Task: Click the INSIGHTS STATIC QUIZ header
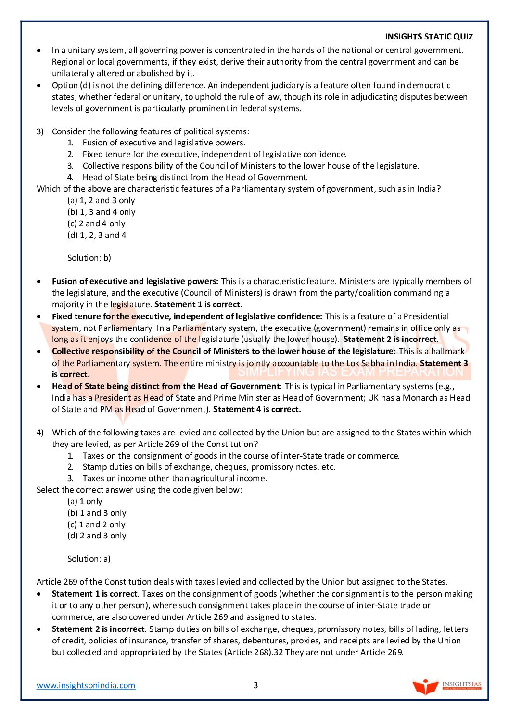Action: coord(429,37)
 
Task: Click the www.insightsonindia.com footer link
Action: coord(86,685)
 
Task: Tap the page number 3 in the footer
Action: coord(255,685)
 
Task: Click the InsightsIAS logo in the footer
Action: coord(446,686)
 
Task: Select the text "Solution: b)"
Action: coord(89,258)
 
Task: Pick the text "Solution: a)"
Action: coord(89,559)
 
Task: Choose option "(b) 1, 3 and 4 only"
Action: coord(102,212)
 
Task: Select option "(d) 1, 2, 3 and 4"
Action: coord(97,235)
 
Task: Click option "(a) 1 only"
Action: coord(85,501)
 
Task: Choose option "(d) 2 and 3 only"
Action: coord(97,536)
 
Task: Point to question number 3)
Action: coord(40,131)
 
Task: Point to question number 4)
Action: coord(40,433)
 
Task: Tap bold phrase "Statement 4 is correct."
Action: coord(257,409)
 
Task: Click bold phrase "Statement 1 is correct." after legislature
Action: coord(198,304)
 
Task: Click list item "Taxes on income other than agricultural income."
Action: coord(174,478)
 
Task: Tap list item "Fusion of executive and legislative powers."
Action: coord(164,143)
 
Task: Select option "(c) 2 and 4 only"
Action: coord(96,223)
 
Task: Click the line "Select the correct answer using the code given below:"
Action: coord(139,490)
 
